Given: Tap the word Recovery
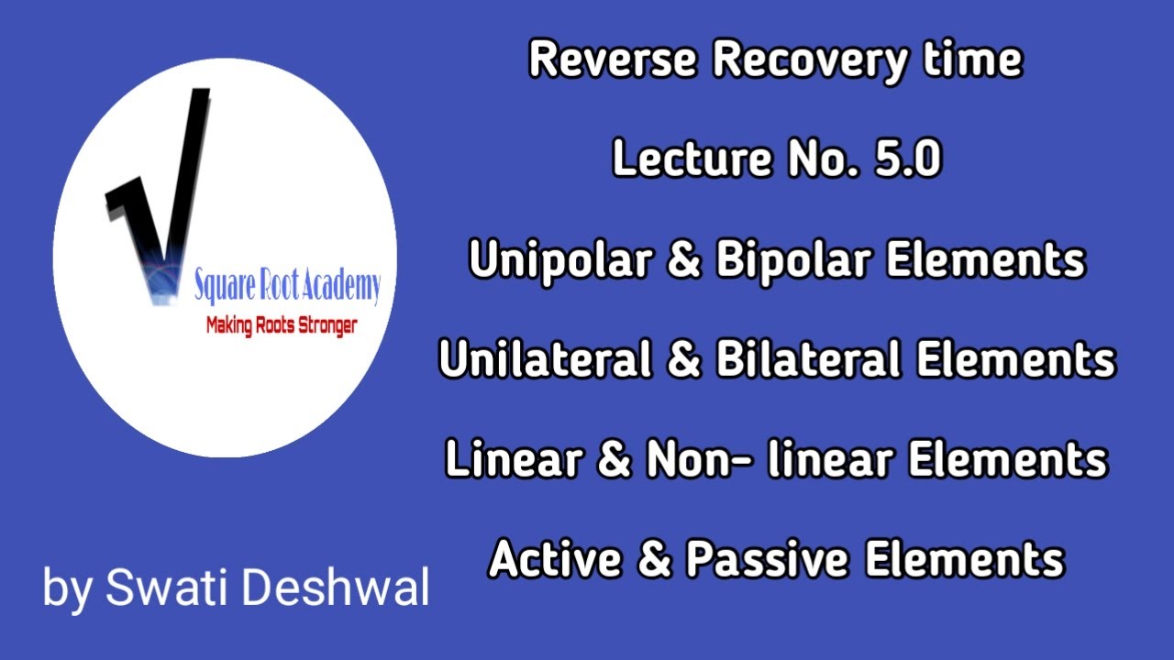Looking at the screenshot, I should pos(799,60).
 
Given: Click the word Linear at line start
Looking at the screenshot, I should pos(504,459).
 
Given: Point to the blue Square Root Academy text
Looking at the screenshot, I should pos(286,288).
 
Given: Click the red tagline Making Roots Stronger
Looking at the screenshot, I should pos(281,325).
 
